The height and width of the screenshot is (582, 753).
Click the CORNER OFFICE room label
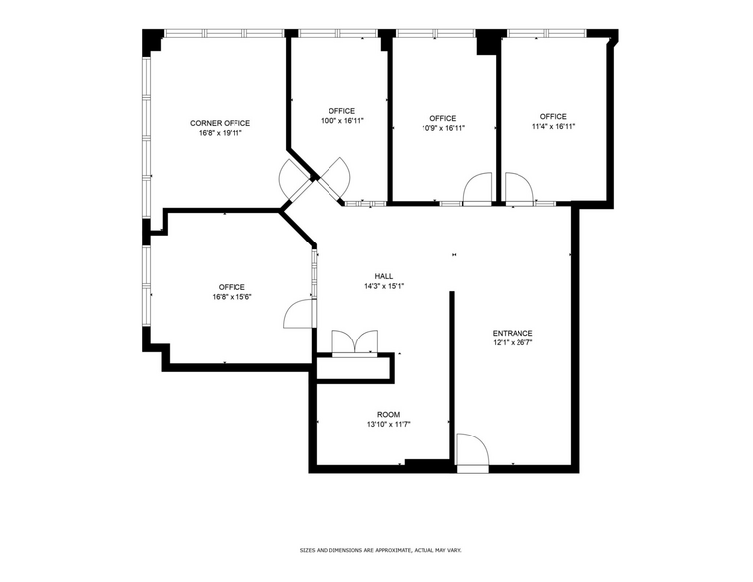220,123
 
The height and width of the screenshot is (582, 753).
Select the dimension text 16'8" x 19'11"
220,132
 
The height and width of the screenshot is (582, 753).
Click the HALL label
384,276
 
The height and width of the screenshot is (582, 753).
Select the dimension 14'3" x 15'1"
384,286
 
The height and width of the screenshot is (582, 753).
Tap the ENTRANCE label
513,333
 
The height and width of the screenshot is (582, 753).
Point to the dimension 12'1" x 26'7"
513,342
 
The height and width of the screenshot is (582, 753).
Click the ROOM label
388,414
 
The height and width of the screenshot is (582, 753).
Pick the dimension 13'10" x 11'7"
388,424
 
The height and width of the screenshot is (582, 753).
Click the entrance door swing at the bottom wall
472,450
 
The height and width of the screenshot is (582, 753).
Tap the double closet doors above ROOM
354,341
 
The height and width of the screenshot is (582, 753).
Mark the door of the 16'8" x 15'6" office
298,314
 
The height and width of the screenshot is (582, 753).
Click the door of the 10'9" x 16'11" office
478,189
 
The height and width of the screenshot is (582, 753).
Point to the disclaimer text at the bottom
381,550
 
